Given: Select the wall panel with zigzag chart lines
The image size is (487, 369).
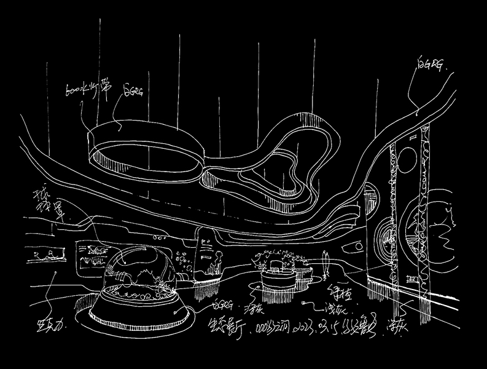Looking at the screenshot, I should click(x=92, y=253).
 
